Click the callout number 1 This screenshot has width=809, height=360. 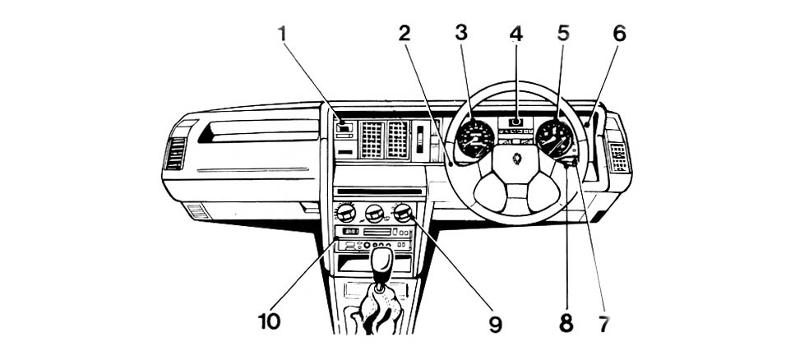coord(282,34)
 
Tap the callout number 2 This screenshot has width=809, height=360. coord(404,34)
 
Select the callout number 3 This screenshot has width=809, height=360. coord(461,34)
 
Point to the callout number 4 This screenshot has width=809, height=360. coord(515,34)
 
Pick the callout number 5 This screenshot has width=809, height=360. coord(562,34)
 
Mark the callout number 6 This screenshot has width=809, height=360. coord(618,34)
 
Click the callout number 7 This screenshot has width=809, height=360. coord(603,324)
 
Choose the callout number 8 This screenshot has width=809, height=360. coord(566,324)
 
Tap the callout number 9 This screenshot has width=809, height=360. coord(494,324)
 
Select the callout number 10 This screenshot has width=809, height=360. coord(268,321)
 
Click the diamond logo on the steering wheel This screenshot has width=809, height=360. coord(517,158)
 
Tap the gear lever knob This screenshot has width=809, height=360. coord(382,262)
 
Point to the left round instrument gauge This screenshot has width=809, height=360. coord(475,138)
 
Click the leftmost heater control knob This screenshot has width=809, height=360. coord(346,214)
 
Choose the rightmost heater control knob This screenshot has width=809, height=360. coord(402,213)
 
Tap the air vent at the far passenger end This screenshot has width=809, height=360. coord(175,153)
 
